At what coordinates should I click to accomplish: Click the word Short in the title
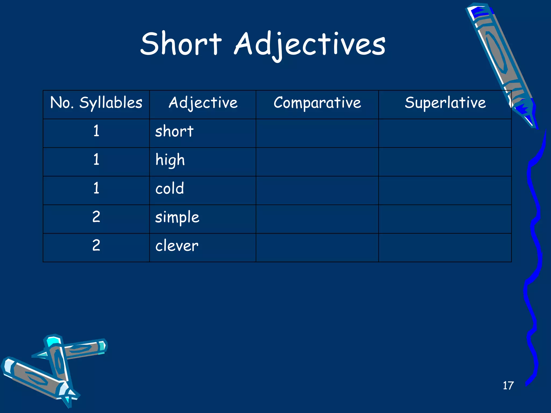181,44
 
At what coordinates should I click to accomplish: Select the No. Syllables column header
96,103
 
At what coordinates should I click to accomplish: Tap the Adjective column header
203,103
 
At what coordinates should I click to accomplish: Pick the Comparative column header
317,103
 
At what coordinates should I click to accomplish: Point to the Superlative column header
445,103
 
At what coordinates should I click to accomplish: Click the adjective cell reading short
174,132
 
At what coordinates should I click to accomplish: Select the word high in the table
170,160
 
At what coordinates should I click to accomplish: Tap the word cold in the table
169,189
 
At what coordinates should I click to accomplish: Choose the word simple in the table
177,218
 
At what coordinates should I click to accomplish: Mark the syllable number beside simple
96,217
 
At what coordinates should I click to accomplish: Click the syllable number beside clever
96,245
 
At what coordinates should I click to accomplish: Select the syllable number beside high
96,160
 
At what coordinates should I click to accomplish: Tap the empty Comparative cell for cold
317,190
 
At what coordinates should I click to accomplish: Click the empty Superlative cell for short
445,133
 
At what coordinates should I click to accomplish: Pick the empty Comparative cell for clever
317,248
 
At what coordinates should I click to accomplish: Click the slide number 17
508,386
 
